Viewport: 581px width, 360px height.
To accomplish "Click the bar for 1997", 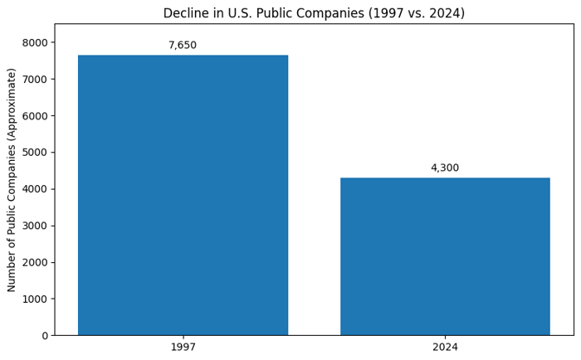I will point(183,195).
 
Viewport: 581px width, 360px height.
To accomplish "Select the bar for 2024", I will point(445,256).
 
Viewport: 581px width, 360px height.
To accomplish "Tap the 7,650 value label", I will point(183,46).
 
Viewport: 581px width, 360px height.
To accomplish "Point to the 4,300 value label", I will point(445,168).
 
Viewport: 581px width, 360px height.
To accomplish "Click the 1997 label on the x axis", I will point(183,348).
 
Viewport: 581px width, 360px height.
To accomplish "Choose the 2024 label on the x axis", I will point(445,348).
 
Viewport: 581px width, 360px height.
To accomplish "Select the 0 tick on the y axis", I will point(45,336).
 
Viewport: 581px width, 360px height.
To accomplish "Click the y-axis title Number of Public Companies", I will point(12,180).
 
